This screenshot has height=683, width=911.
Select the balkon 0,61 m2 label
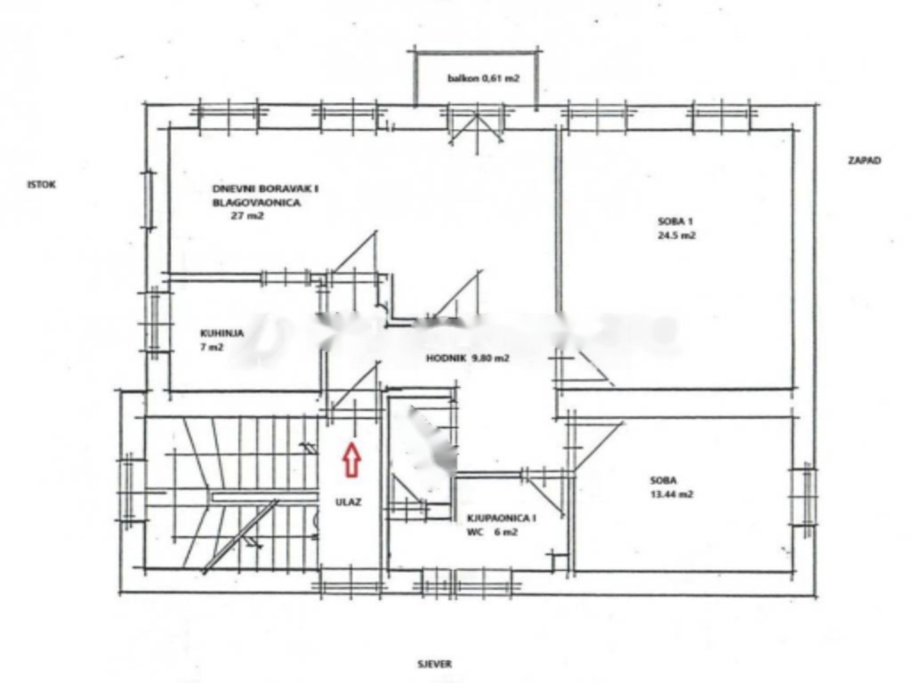click(x=483, y=79)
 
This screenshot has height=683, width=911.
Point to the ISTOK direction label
click(x=41, y=185)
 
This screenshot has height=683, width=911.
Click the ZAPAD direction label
click(x=864, y=161)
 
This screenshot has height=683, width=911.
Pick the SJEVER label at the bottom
click(x=436, y=663)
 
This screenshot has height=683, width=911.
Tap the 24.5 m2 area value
click(x=673, y=237)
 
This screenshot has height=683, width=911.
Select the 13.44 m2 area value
click(x=672, y=495)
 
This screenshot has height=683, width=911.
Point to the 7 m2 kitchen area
click(x=212, y=348)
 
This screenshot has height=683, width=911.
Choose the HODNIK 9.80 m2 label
click(x=467, y=359)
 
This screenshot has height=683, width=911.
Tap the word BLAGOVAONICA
click(x=256, y=203)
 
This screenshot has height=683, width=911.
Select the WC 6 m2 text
click(x=492, y=533)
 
